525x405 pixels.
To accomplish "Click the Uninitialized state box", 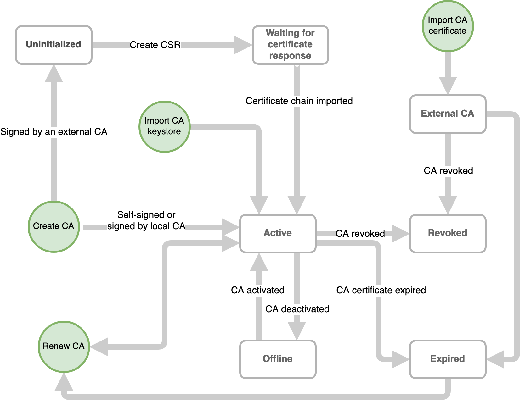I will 54,45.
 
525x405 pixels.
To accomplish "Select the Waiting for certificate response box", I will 290,45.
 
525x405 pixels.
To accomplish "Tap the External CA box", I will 448,114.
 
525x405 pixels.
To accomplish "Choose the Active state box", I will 278,233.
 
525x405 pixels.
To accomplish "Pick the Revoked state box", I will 448,233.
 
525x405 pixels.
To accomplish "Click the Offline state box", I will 278,359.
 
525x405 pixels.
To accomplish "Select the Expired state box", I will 448,359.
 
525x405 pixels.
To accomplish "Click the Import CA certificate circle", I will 447,26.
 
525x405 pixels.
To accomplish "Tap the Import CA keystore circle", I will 164,126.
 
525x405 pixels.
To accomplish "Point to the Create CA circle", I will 54,226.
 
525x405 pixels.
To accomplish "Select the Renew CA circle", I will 64,347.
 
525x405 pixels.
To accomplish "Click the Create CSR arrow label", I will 155,45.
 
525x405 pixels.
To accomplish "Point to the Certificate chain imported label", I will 299,101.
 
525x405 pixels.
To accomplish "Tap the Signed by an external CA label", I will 54,132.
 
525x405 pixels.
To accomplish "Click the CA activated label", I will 257,290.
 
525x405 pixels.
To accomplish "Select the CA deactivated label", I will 297,309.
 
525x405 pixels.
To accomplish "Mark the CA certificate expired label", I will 381,290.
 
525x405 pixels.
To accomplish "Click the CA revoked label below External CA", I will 448,171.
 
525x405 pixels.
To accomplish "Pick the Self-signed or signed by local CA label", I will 146,220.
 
